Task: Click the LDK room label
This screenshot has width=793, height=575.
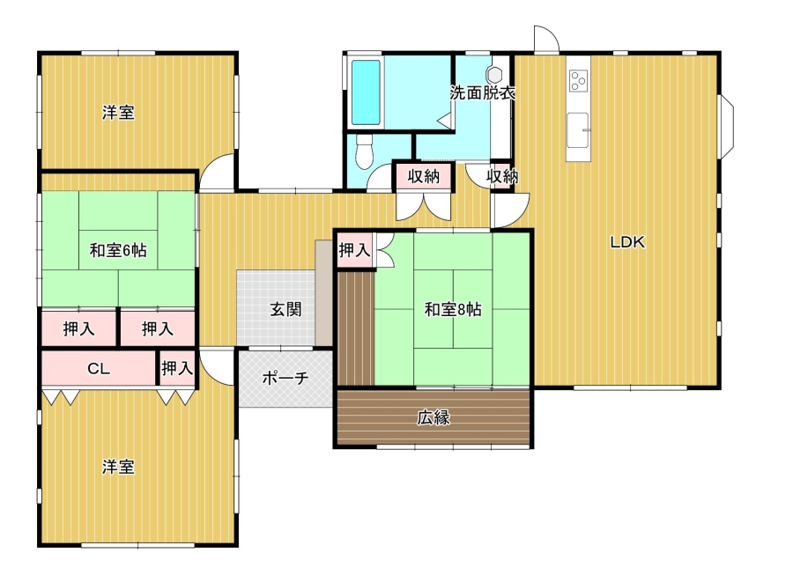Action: (x=627, y=242)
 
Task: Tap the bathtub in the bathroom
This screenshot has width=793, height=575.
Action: (x=366, y=92)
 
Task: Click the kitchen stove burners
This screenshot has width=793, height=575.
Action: (x=578, y=81)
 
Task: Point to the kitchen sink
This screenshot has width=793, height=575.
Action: (x=577, y=129)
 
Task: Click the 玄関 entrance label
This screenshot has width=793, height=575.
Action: (x=285, y=309)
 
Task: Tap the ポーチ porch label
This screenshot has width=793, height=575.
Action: (x=285, y=378)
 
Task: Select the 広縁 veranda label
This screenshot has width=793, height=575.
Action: (x=434, y=417)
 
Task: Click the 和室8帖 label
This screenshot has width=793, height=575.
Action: (x=453, y=309)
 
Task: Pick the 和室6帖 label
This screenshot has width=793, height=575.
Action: (x=118, y=249)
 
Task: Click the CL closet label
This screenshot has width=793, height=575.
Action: (x=99, y=368)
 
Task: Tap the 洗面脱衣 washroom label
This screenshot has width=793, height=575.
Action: (x=483, y=92)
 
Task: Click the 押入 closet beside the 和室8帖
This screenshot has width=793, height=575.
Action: (x=354, y=249)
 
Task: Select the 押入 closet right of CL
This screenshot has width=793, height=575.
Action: (x=177, y=368)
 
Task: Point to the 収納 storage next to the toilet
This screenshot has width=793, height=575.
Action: (x=423, y=176)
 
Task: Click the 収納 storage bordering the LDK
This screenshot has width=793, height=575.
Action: (x=502, y=176)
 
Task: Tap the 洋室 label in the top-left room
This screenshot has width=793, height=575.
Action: (x=118, y=112)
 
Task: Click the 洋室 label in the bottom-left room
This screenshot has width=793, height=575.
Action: (x=118, y=467)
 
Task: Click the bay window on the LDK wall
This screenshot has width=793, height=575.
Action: (x=726, y=126)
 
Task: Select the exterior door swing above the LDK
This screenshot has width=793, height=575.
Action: (x=546, y=39)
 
